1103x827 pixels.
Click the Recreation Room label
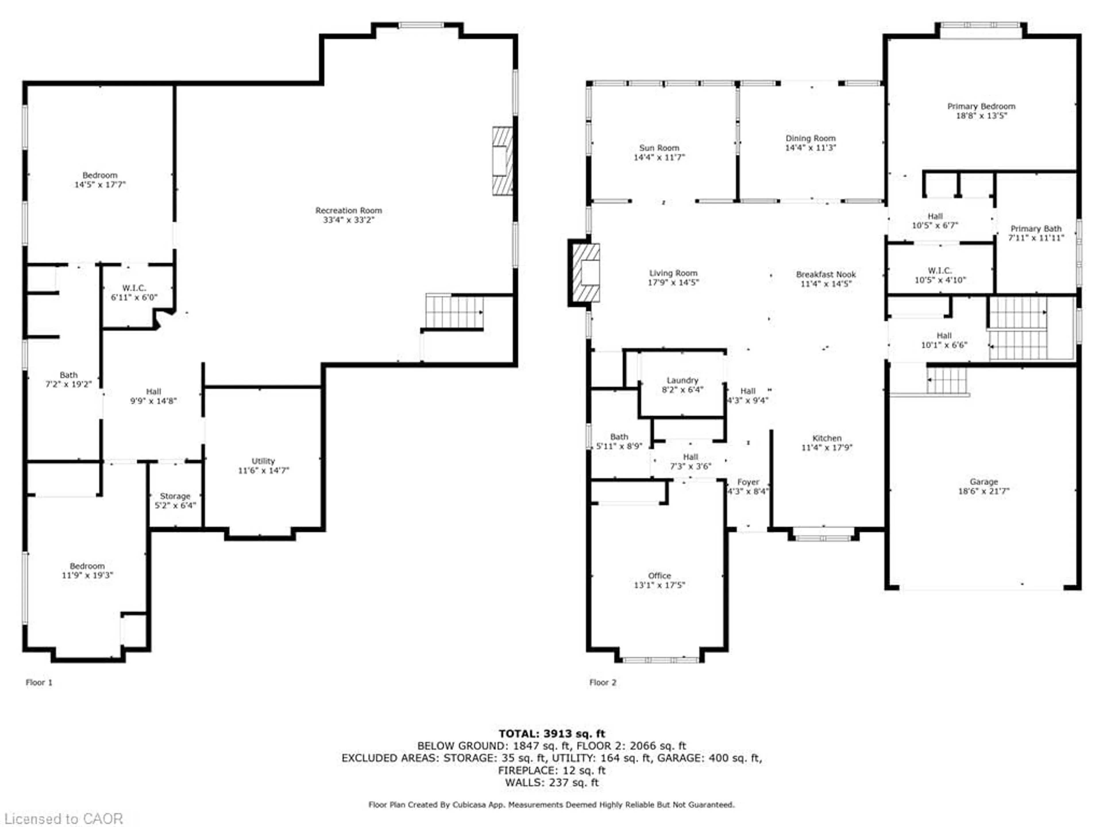click(x=348, y=210)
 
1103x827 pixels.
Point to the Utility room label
click(x=263, y=461)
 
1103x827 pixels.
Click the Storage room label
click(x=175, y=496)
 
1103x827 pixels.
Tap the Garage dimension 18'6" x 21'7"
click(x=984, y=491)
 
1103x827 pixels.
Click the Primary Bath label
click(x=1036, y=229)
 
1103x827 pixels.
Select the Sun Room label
click(x=659, y=148)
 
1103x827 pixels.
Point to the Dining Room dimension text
click(x=810, y=148)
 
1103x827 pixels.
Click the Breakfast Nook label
click(x=826, y=275)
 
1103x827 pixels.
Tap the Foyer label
click(x=748, y=482)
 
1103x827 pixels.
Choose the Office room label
click(x=659, y=576)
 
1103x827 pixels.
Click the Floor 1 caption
click(x=39, y=683)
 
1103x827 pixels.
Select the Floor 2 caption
click(x=603, y=683)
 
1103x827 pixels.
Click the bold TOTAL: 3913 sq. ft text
click(x=551, y=734)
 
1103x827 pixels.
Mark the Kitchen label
click(x=827, y=438)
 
